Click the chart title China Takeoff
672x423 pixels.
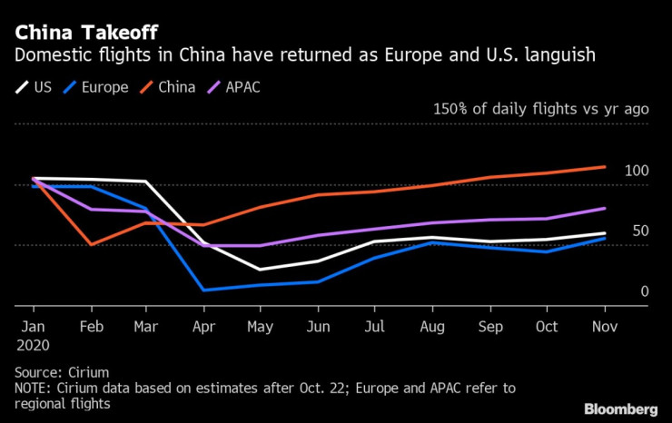coord(74,34)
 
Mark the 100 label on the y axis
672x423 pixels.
coord(637,172)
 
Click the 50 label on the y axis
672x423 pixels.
coord(641,231)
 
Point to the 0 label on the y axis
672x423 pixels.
coord(645,291)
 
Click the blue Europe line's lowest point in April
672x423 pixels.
coord(203,290)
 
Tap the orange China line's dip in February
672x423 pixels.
coord(91,244)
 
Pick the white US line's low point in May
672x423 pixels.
coord(260,270)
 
